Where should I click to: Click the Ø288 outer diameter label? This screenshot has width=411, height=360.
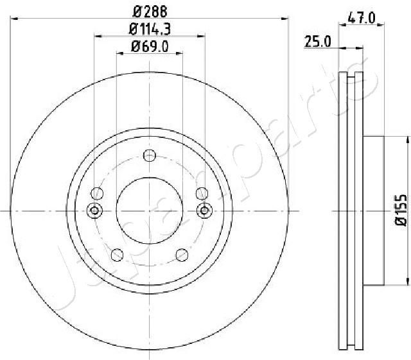[x=150, y=10]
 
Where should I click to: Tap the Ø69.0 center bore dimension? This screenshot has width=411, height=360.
[x=150, y=46]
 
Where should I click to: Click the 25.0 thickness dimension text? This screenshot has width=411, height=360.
[x=317, y=42]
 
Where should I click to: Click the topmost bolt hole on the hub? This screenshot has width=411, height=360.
[x=150, y=155]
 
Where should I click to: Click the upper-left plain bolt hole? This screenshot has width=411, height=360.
[x=98, y=193]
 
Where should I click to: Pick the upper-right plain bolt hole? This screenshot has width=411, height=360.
[x=202, y=193]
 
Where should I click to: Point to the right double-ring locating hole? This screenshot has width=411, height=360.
[x=205, y=210]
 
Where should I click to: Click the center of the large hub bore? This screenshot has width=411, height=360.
[x=150, y=210]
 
